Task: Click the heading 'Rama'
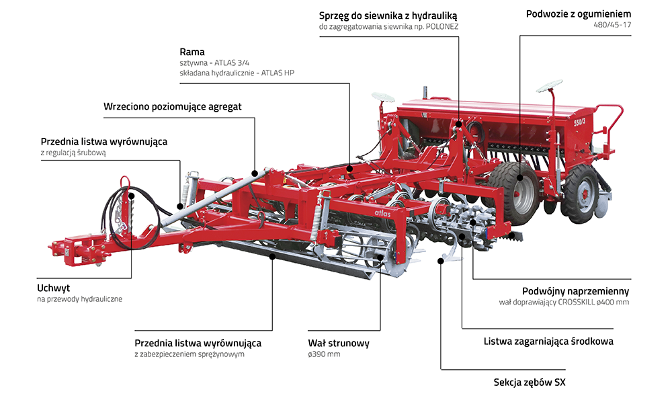click(x=192, y=52)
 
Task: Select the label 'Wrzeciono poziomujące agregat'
click(x=173, y=106)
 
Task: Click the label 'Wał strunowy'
click(x=339, y=344)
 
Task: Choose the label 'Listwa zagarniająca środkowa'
click(x=548, y=342)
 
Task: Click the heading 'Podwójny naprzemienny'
click(x=575, y=291)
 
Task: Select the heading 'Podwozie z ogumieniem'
click(x=578, y=13)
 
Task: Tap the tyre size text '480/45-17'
click(x=612, y=25)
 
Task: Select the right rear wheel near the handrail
click(x=582, y=193)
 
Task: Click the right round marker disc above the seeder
click(x=549, y=86)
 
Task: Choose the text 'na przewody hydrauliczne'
click(x=79, y=298)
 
